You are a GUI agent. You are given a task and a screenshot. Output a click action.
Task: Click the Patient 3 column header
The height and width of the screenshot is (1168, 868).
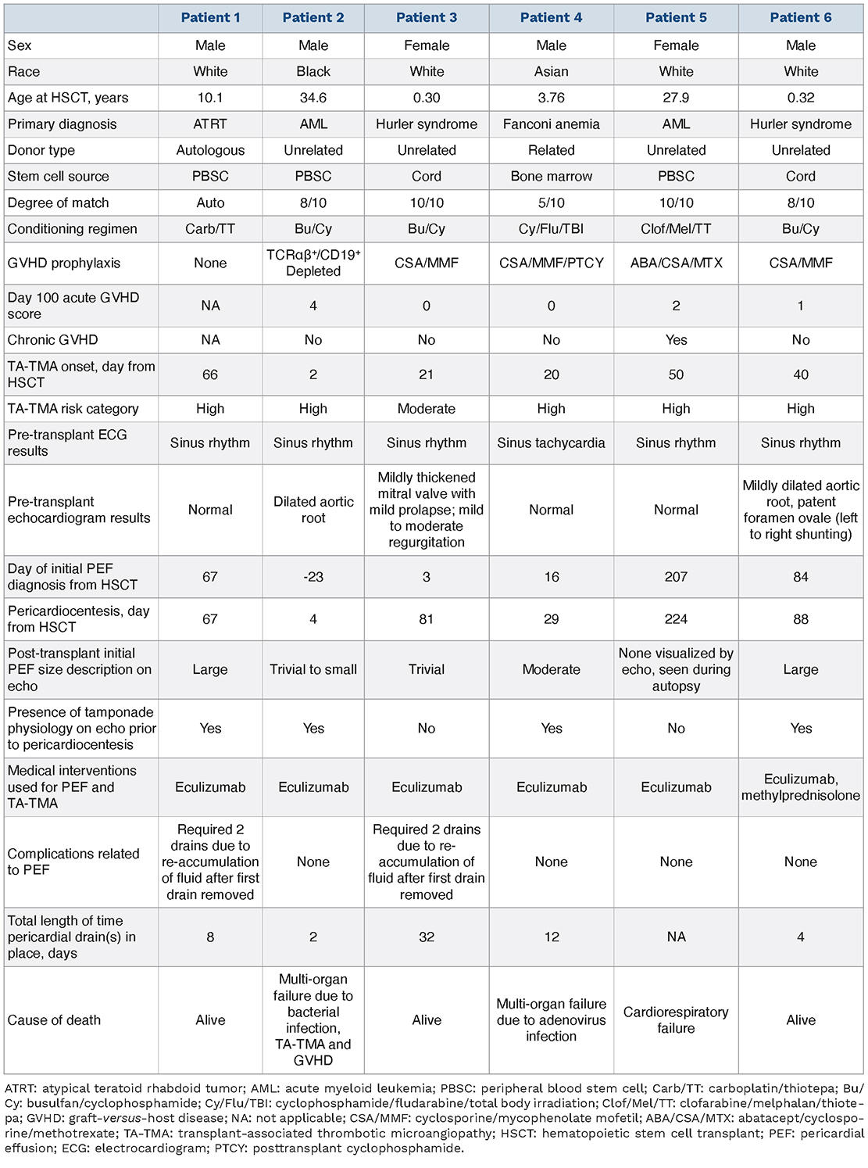pyautogui.click(x=427, y=17)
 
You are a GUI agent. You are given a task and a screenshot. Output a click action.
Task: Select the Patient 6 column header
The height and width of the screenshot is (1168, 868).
pyautogui.click(x=801, y=17)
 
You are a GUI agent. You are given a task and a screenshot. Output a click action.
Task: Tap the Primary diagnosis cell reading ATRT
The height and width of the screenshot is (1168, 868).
pyautogui.click(x=210, y=124)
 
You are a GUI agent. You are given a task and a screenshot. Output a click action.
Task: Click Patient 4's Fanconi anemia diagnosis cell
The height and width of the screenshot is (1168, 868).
pyautogui.click(x=551, y=124)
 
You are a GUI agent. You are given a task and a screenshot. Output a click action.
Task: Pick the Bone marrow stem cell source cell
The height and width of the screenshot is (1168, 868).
pyautogui.click(x=551, y=177)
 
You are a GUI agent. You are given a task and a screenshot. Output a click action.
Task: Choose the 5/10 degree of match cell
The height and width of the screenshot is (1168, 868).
pyautogui.click(x=551, y=202)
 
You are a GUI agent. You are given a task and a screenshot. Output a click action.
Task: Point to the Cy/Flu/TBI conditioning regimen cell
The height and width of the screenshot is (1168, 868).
pyautogui.click(x=551, y=229)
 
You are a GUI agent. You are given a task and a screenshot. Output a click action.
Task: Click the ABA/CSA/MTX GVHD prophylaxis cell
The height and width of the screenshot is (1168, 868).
pyautogui.click(x=676, y=263)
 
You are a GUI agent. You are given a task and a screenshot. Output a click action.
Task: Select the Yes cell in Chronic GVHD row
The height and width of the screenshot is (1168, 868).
pyautogui.click(x=676, y=340)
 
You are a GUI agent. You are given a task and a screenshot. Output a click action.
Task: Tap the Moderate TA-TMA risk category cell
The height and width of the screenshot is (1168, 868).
pyautogui.click(x=427, y=409)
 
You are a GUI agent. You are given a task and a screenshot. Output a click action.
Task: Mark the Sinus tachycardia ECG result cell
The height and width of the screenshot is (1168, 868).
pyautogui.click(x=551, y=443)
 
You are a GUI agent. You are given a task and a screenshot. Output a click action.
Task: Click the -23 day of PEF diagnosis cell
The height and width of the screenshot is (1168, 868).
pyautogui.click(x=313, y=577)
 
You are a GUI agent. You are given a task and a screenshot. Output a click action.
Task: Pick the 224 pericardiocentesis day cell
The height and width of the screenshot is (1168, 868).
pyautogui.click(x=676, y=619)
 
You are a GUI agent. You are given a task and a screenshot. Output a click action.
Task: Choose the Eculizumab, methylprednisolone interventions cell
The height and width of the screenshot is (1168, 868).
pyautogui.click(x=801, y=787)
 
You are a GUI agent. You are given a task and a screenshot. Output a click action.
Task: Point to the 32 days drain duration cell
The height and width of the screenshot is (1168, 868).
pyautogui.click(x=427, y=937)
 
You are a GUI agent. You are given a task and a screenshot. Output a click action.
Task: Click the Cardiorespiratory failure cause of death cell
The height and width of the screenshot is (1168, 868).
pyautogui.click(x=676, y=1019)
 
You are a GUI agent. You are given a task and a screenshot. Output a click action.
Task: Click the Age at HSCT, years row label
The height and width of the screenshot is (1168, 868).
pyautogui.click(x=68, y=98)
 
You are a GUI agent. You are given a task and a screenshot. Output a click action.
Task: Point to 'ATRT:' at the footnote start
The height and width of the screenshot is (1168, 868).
pyautogui.click(x=21, y=1088)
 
